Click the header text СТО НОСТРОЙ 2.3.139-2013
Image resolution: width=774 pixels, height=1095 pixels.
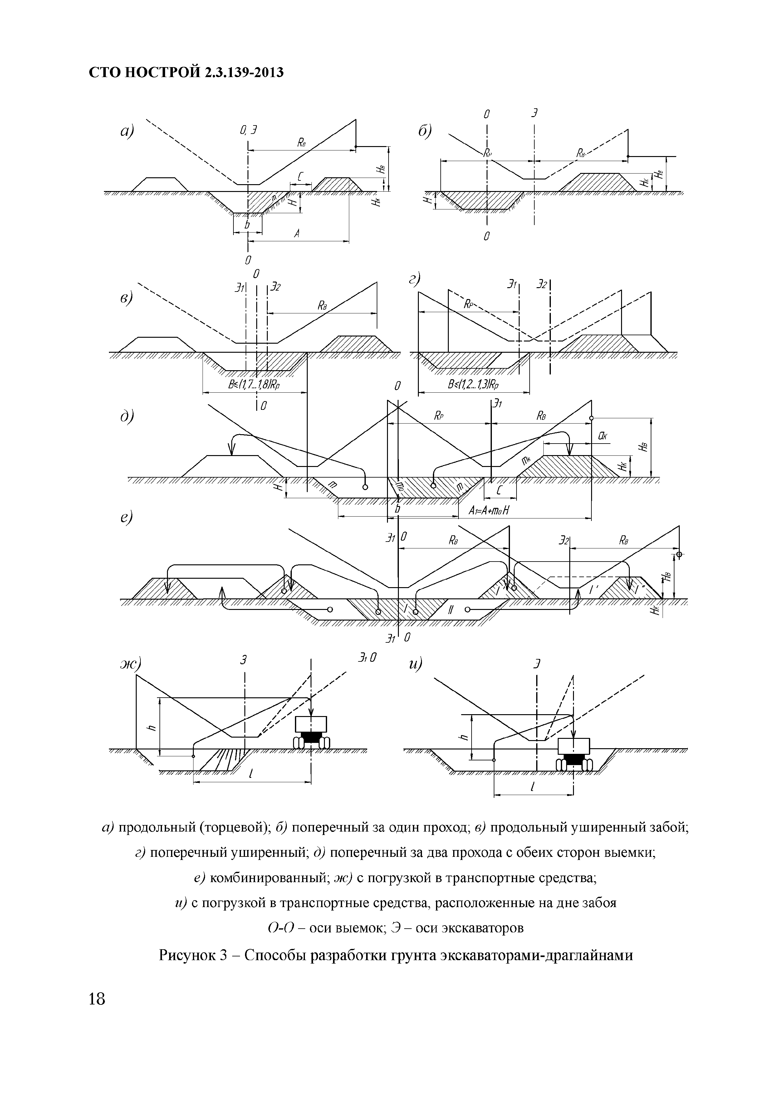pos(186,72)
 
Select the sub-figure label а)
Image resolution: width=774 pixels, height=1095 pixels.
pos(127,131)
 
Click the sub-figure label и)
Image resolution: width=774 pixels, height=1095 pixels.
pos(415,664)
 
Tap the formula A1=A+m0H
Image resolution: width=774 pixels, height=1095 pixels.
pos(489,510)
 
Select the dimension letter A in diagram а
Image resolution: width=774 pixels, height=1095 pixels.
pos(297,234)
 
